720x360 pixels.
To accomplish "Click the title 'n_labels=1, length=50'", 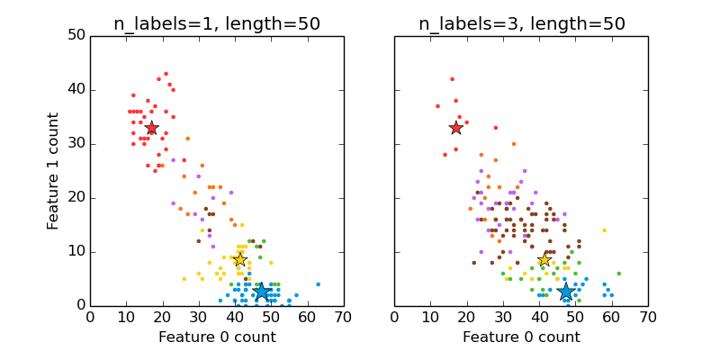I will [217, 24].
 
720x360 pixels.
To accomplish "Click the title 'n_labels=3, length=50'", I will [521, 24].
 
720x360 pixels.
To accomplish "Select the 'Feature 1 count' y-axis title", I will [54, 171].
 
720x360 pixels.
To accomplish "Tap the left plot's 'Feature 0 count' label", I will [217, 337].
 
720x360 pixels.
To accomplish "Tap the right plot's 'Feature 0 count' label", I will [521, 337].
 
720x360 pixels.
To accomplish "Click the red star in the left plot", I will [151, 128].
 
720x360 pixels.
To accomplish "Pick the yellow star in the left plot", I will [239, 259].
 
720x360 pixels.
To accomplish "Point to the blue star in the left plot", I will [261, 292].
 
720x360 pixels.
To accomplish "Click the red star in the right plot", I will [455, 128].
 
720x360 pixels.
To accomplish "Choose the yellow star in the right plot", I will [543, 259].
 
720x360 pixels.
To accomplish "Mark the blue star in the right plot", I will [565, 292].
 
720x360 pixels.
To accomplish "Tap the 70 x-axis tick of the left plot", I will [343, 317].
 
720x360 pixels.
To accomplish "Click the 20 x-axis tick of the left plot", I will [162, 317].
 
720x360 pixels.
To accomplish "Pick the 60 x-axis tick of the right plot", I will [611, 317].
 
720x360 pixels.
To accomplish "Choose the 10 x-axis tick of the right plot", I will [430, 317].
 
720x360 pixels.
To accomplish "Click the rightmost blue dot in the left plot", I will [318, 284].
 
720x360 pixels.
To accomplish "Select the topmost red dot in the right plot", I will [452, 79].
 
